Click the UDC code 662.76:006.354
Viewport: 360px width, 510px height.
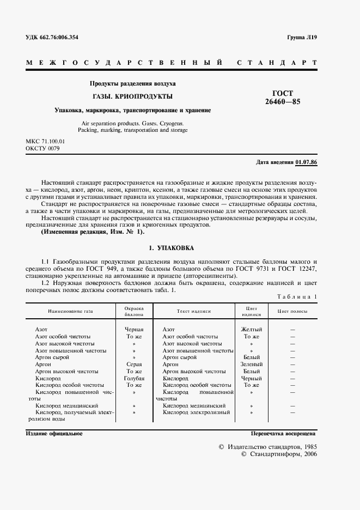[52, 37]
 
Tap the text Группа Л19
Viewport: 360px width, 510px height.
[301, 37]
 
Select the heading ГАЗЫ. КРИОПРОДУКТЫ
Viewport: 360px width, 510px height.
[132, 96]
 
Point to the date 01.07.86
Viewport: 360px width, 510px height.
[307, 162]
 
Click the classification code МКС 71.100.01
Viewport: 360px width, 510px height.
[49, 141]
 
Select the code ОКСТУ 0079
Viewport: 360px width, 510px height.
[42, 148]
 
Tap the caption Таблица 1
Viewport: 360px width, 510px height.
[297, 296]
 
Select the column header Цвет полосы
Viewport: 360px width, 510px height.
[292, 311]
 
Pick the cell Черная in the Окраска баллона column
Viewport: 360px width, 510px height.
[134, 330]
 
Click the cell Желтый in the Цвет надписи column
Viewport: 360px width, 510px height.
[251, 330]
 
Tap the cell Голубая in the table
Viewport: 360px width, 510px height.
[134, 378]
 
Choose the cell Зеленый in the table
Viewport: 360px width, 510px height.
[251, 364]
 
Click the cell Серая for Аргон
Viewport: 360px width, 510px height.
[134, 364]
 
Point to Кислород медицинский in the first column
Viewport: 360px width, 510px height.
[66, 406]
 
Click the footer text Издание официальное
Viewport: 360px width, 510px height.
[54, 433]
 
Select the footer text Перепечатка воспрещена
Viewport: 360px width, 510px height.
[283, 433]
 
